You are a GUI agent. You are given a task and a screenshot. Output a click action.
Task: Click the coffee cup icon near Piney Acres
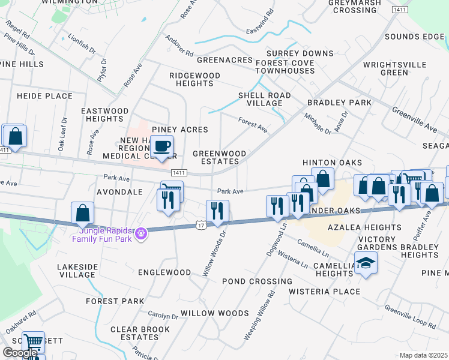tap(161, 146)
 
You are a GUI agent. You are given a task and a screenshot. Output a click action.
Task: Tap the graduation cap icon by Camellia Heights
tap(365, 263)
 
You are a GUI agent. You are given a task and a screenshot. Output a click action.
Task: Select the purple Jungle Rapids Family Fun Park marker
tap(141, 233)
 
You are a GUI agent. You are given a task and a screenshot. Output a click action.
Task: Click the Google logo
tap(20, 353)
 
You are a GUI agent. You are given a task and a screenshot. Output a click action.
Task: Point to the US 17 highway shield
tap(200, 224)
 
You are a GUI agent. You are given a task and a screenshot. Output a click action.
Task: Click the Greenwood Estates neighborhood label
tap(220, 158)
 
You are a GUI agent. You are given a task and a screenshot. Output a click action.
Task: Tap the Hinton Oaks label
tap(332, 163)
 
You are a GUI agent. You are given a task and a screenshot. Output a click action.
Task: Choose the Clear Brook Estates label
tap(140, 334)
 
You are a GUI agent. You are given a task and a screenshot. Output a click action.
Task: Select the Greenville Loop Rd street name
tap(411, 317)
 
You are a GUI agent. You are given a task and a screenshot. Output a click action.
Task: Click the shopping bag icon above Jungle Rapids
tap(82, 213)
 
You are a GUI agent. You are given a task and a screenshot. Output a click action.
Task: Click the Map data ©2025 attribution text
tap(423, 355)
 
